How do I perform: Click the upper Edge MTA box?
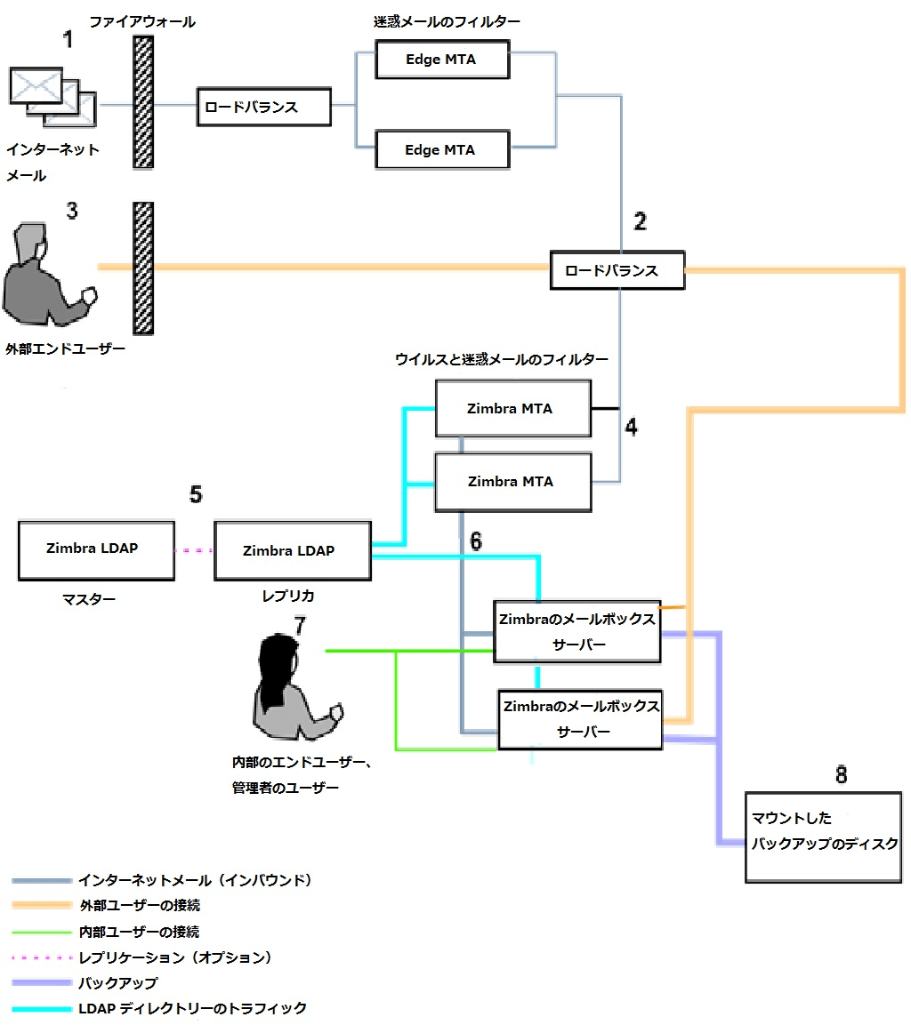coord(441,60)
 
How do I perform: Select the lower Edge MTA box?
coord(441,149)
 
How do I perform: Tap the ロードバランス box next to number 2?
coord(617,270)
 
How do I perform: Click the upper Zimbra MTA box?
coord(512,409)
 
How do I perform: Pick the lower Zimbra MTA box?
coord(512,482)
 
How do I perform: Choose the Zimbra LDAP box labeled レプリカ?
coord(290,551)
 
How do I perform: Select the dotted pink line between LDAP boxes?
coord(194,551)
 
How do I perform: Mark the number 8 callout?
coord(842,775)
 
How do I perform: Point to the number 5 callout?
coord(196,494)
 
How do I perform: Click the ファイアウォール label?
coord(142,21)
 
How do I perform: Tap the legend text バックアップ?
coord(117,983)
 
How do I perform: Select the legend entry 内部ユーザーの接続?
coord(138,932)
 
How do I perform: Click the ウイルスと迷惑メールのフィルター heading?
coord(501,359)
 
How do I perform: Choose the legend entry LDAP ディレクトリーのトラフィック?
coord(191,1008)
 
